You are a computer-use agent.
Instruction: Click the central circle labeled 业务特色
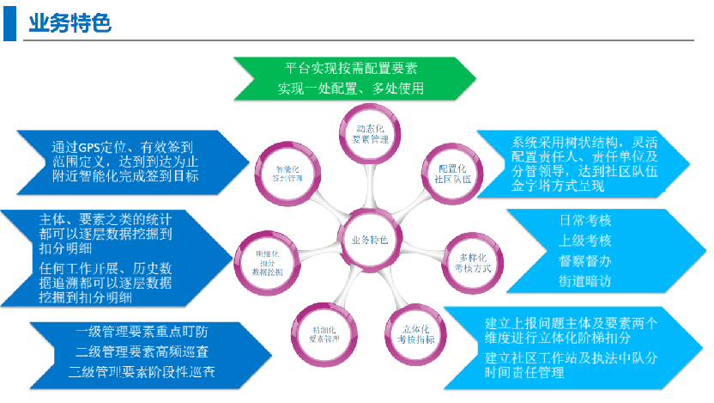pyautogui.click(x=369, y=240)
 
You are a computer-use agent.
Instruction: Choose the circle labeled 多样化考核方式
pyautogui.click(x=475, y=262)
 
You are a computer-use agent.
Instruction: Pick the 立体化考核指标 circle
pyautogui.click(x=416, y=333)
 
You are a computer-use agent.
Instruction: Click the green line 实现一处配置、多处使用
pyautogui.click(x=351, y=89)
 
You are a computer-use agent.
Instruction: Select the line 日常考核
pyautogui.click(x=585, y=220)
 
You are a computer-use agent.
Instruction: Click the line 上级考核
pyautogui.click(x=585, y=240)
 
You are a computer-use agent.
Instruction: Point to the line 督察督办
pyautogui.click(x=585, y=260)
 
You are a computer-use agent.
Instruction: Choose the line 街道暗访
pyautogui.click(x=585, y=281)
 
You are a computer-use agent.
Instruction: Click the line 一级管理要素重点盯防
pyautogui.click(x=142, y=331)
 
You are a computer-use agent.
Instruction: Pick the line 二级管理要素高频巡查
pyautogui.click(x=142, y=351)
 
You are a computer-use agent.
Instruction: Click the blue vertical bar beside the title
pyautogui.click(x=9, y=22)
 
